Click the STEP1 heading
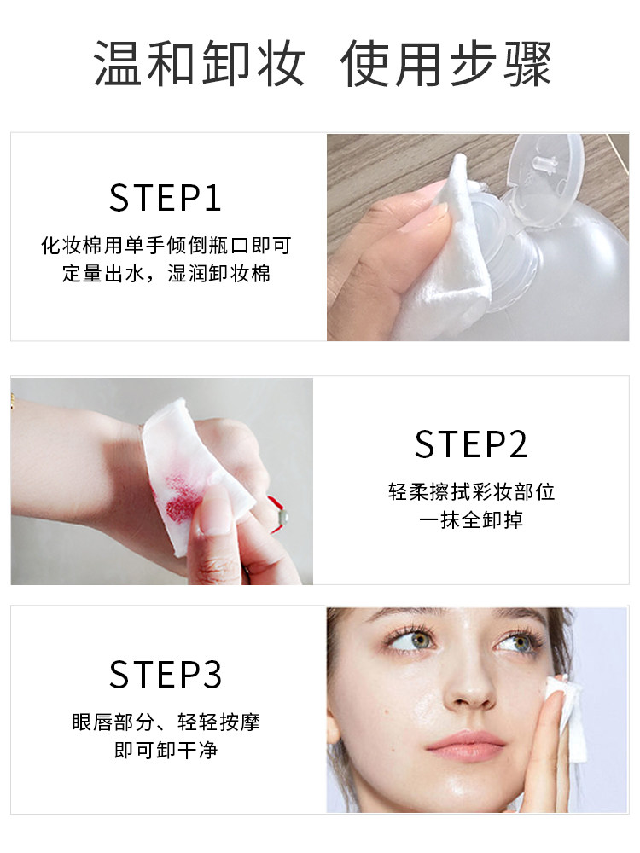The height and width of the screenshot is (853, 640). coord(166,197)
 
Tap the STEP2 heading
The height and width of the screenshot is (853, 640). coord(471,444)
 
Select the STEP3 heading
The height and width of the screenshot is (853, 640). coord(166,674)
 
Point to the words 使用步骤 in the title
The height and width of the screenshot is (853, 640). coord(446,64)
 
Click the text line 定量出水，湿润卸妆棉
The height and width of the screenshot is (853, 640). coord(166,276)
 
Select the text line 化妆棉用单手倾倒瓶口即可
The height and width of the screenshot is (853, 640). coord(166,247)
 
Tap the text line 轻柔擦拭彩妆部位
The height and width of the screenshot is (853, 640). coord(471,492)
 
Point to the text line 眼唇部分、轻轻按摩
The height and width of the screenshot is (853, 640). coord(166,722)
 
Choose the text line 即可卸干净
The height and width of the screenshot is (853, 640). coord(166,751)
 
